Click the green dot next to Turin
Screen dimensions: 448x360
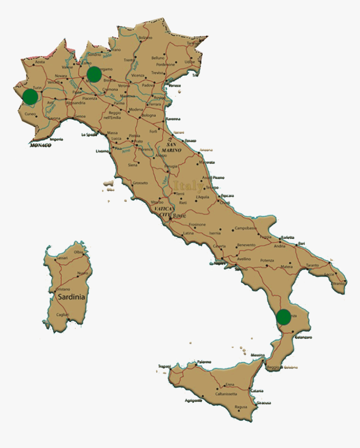[x=30, y=97]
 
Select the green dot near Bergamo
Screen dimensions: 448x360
[x=94, y=74]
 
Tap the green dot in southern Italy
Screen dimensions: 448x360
[x=284, y=317]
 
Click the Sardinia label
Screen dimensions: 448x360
[x=71, y=297]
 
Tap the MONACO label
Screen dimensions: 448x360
[x=40, y=145]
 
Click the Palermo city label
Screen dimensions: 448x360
[x=204, y=361]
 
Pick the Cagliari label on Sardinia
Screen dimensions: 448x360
[x=62, y=315]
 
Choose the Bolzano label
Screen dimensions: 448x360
[x=145, y=38]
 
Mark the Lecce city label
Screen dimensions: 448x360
[x=329, y=274]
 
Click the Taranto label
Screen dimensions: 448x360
[x=312, y=265]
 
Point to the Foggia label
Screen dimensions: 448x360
[x=265, y=237]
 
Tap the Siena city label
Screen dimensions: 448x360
[x=132, y=165]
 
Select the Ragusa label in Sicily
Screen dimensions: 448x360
[x=241, y=407]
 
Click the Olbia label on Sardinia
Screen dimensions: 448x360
[x=78, y=252]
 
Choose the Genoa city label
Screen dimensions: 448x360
[x=80, y=117]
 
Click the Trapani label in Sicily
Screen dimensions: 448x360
[x=165, y=366]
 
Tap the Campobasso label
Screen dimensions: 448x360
[x=245, y=228]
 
